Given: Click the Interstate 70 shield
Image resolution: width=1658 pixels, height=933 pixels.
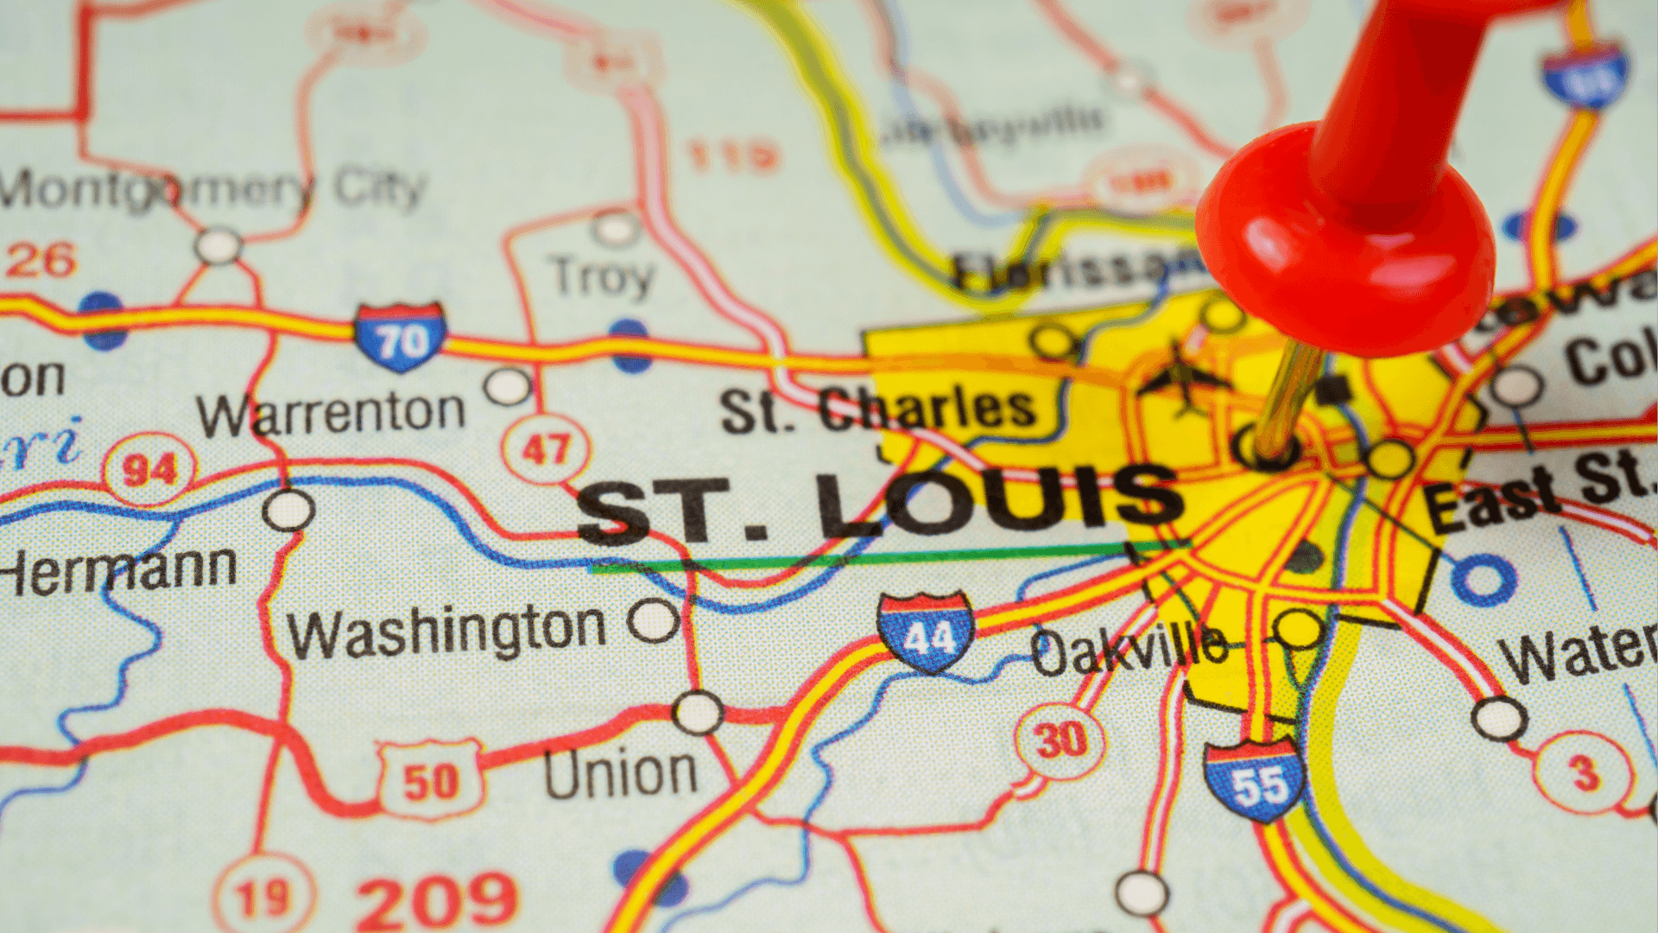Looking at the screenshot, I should [x=401, y=337].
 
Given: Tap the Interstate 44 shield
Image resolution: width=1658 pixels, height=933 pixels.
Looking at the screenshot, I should [x=926, y=632].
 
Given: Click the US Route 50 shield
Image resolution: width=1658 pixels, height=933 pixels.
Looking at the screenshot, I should [x=430, y=780].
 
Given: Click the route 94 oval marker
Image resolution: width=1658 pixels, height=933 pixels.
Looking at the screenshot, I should [x=149, y=470].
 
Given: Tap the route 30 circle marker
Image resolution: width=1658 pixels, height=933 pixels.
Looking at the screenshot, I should [x=1060, y=740].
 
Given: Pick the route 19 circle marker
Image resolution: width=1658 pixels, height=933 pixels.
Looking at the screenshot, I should [x=263, y=897].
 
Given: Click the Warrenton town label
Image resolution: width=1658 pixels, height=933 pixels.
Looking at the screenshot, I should [x=331, y=413].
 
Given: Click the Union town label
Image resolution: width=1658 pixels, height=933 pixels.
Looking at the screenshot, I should [x=620, y=773].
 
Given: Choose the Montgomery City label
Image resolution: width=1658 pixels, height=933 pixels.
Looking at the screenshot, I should [x=212, y=188].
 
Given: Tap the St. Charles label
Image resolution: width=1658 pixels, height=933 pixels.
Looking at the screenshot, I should [x=878, y=409].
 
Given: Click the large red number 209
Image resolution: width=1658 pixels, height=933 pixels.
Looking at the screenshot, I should [x=436, y=900].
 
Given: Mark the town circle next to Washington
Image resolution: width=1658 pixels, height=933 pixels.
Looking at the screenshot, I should [x=653, y=619].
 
